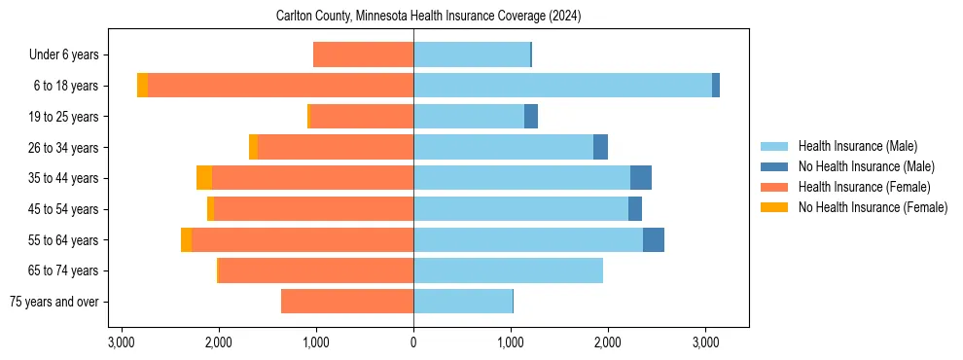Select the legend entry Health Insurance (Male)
(x=857, y=146)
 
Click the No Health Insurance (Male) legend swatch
(x=774, y=166)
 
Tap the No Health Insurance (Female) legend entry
(x=873, y=207)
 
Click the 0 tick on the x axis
(x=413, y=342)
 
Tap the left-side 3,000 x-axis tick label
(x=121, y=342)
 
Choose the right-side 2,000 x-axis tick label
(x=608, y=342)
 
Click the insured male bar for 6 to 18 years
(x=562, y=86)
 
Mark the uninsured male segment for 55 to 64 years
(x=654, y=240)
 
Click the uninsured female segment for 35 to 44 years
(x=204, y=178)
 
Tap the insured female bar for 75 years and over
(x=347, y=302)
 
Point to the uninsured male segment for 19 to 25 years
(x=531, y=117)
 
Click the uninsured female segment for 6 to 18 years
(x=142, y=86)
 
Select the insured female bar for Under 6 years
(x=364, y=54)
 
